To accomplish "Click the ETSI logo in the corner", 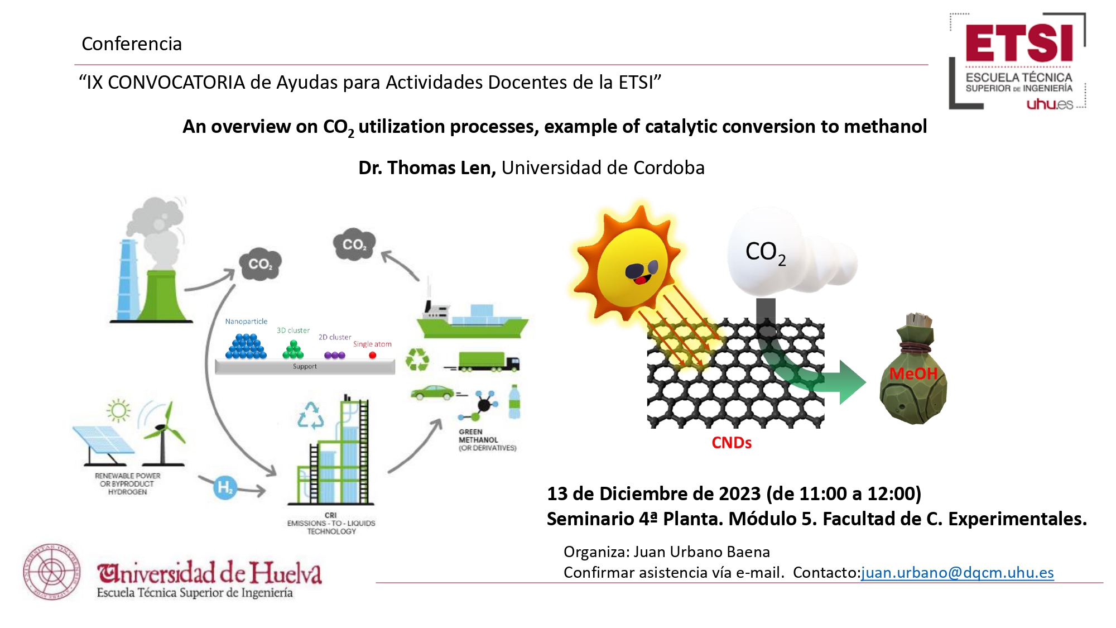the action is click(1018, 61).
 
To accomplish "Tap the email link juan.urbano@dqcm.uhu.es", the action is click(958, 573).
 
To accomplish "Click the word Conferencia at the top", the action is click(132, 44).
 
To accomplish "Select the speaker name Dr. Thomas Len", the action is click(427, 167).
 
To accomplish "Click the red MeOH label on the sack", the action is click(913, 373).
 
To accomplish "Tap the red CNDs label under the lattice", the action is click(732, 443).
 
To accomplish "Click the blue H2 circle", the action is click(225, 487).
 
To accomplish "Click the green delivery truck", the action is click(489, 362).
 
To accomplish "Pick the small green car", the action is click(432, 392).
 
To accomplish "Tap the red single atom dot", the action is click(372, 355).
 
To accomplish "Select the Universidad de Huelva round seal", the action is click(51, 572).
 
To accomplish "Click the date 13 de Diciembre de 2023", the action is click(653, 493).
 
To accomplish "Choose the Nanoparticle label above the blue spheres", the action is click(246, 322).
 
